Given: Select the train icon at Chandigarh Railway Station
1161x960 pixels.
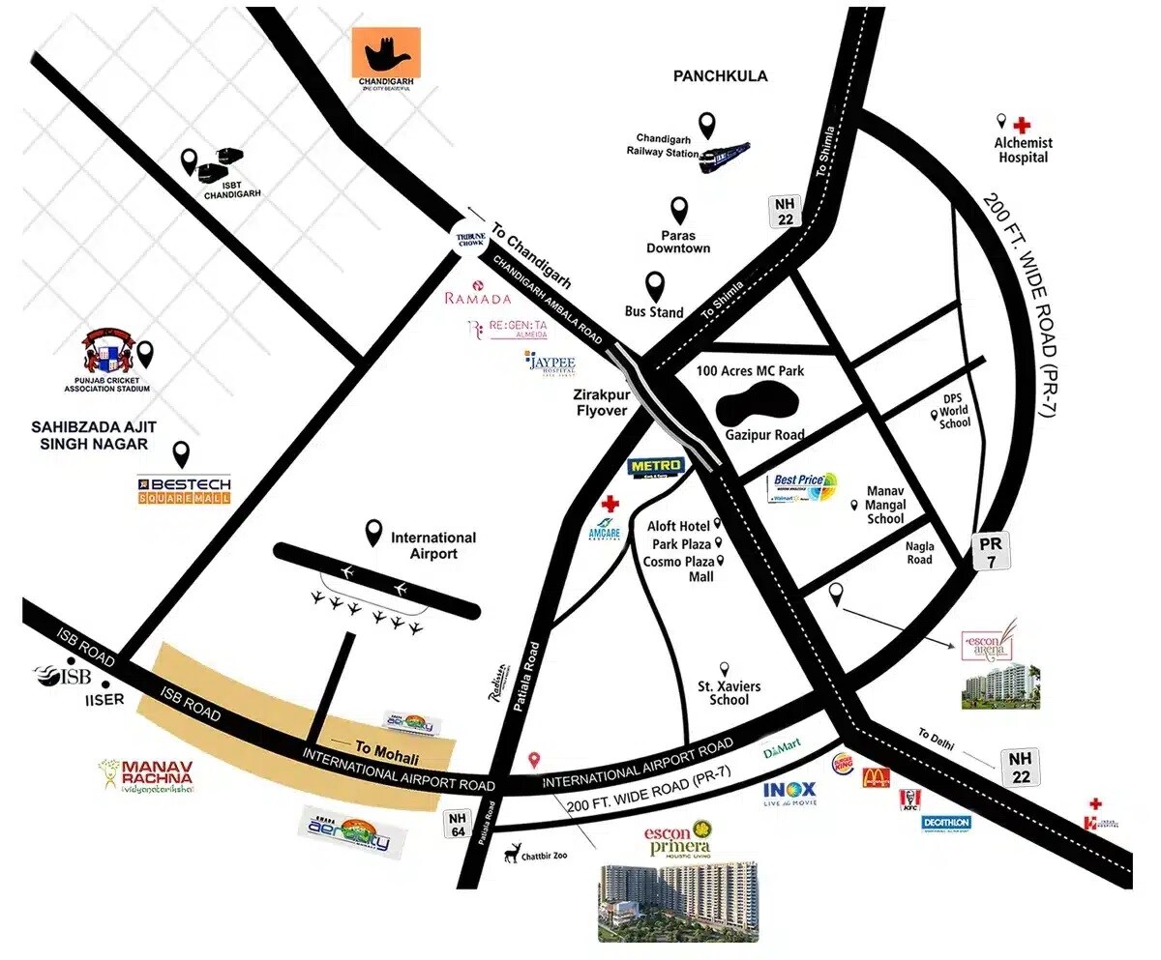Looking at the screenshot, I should pos(725,156).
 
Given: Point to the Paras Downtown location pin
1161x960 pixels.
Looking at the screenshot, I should pos(680,210).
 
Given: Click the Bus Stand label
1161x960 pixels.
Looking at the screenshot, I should pos(655,311).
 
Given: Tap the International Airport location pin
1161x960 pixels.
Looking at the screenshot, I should pos(373,532).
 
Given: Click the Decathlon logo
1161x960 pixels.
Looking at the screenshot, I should pos(946,822).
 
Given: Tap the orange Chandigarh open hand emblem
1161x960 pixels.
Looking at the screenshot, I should pos(386,54).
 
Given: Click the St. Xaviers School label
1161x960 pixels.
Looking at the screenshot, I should pos(729,693).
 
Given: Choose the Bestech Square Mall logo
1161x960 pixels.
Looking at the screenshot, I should pos(184,490).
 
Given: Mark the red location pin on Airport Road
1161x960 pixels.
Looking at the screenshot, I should pos(533,760).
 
